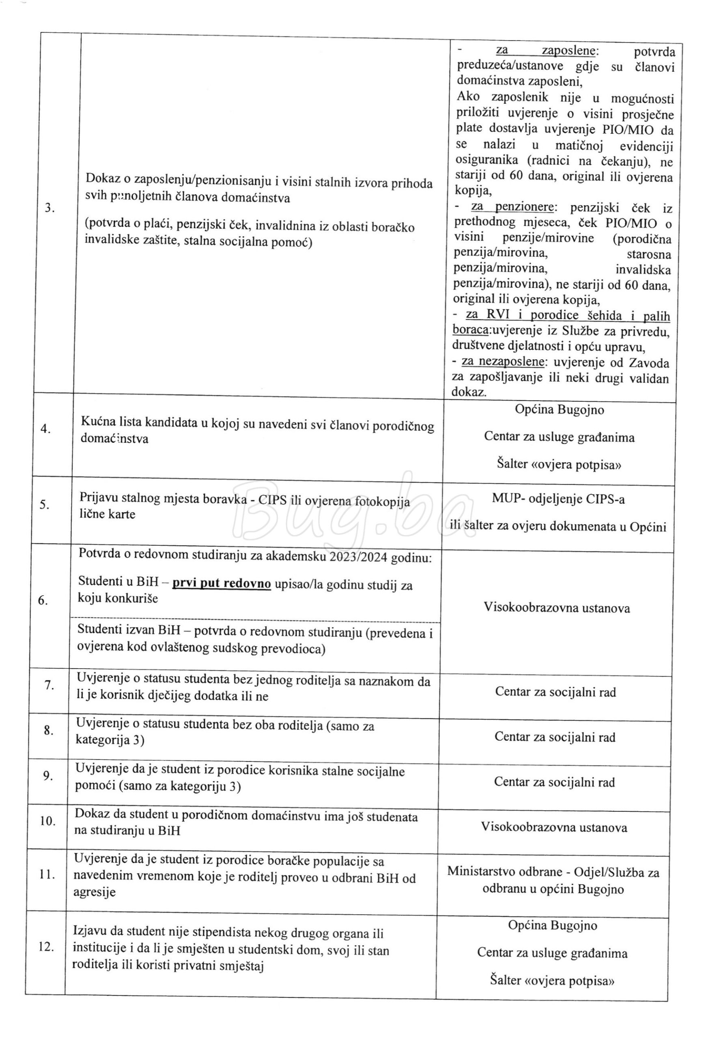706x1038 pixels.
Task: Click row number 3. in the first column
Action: pyautogui.click(x=50, y=208)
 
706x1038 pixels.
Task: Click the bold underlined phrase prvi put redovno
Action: pyautogui.click(x=222, y=584)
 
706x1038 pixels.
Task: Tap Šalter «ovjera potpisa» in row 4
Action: pyautogui.click(x=559, y=465)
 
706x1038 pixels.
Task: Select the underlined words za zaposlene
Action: pyautogui.click(x=547, y=50)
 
